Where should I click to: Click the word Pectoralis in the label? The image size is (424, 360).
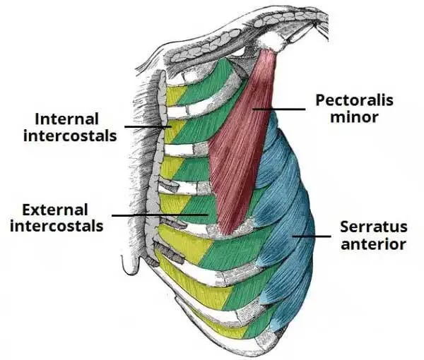click(x=353, y=100)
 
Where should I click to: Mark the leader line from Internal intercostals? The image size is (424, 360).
click(x=146, y=126)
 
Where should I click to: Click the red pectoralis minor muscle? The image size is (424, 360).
click(x=240, y=141)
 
